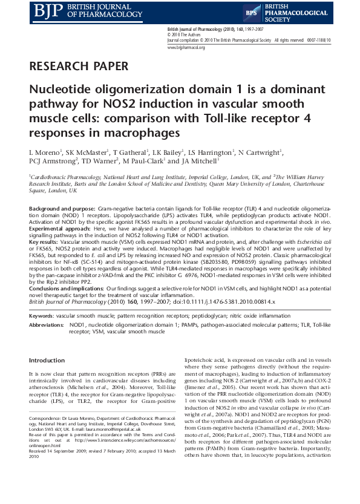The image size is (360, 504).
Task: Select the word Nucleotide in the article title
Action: click(59, 90)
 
